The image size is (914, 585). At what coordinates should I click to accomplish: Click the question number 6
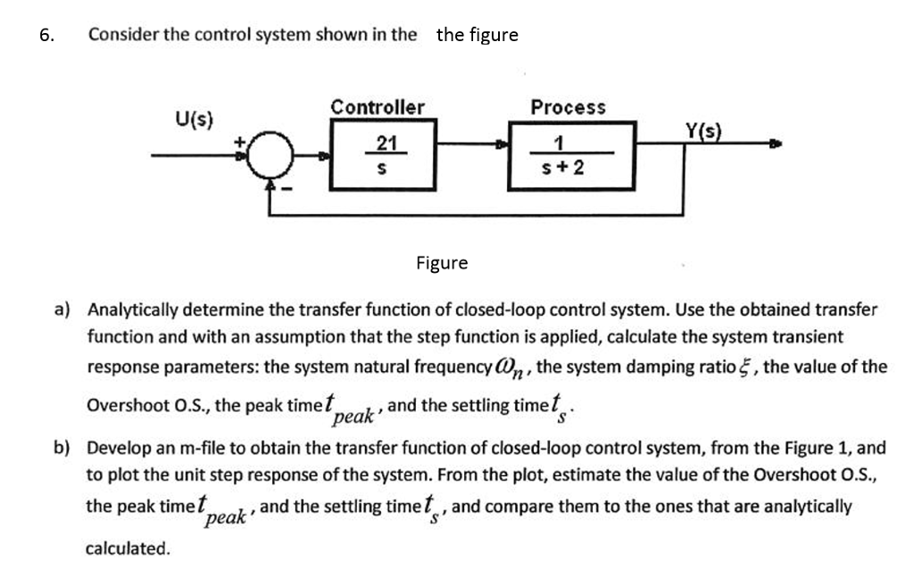click(x=46, y=35)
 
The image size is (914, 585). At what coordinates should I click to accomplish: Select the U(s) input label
click(x=193, y=119)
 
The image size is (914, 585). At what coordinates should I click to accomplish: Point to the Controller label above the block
click(x=378, y=108)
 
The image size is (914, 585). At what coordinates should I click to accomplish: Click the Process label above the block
click(x=568, y=108)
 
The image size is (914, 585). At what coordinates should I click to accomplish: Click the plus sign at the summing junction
click(x=239, y=139)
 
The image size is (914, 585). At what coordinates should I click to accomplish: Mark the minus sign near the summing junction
click(x=287, y=190)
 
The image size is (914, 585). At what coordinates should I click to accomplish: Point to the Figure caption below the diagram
click(x=442, y=263)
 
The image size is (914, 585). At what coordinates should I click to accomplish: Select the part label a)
click(x=62, y=310)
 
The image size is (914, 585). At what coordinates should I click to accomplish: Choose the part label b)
click(x=62, y=448)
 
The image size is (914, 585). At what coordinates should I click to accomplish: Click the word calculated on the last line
click(x=128, y=548)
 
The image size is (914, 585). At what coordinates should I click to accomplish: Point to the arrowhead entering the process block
click(x=503, y=143)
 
